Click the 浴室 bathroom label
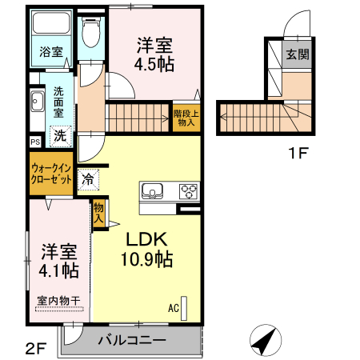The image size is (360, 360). coord(52,52)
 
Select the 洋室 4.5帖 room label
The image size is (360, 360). coord(154,54)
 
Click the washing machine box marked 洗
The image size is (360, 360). coord(61,135)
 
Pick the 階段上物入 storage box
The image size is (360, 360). coord(185,118)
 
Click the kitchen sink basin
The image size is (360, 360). coord(154,191)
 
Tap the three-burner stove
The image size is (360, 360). coord(190,191)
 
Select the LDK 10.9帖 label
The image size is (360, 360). coord(146,249)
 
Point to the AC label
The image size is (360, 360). coord(173,307)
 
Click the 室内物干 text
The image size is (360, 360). coord(58,301)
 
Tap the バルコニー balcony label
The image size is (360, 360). coord(132,340)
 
